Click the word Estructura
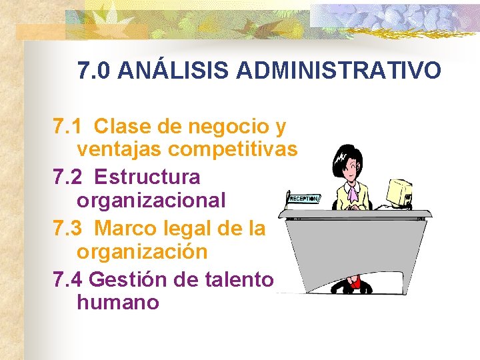tap(147, 177)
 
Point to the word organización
tap(142, 253)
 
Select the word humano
tap(118, 303)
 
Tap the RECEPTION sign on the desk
tap(304, 199)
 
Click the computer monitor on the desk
tap(400, 193)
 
